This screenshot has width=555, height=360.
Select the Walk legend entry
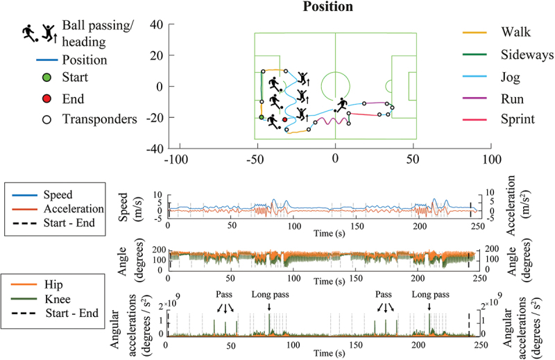510,32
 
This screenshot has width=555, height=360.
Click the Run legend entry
509,97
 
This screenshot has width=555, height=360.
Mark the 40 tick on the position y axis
156,24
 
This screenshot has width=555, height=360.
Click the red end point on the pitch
284,120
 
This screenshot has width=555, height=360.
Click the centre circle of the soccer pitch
336,87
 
